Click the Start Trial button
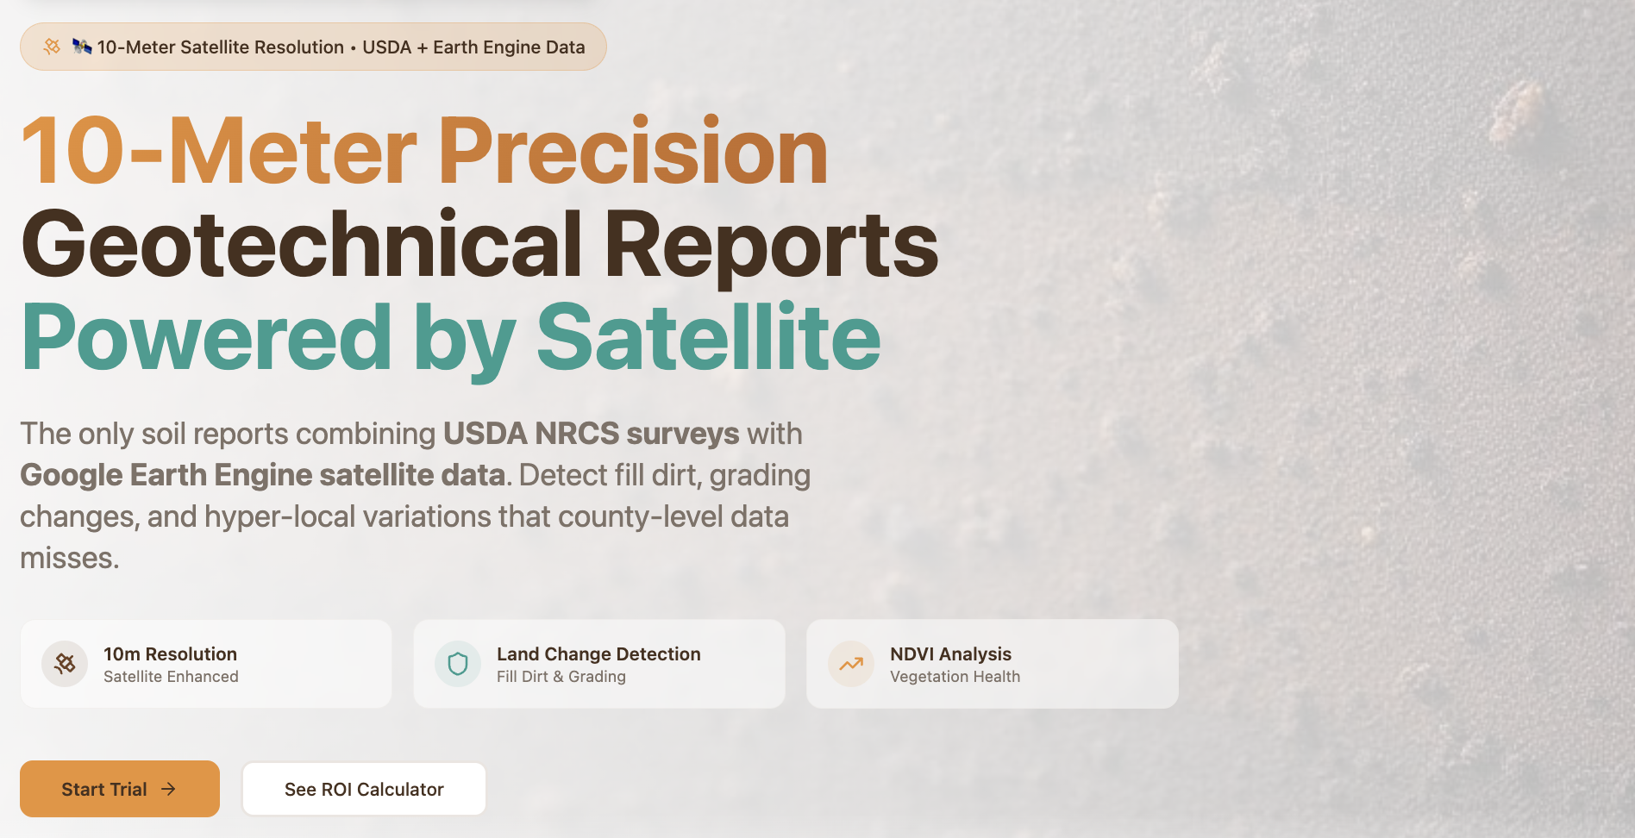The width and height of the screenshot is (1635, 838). click(120, 789)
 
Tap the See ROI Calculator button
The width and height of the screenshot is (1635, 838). click(364, 789)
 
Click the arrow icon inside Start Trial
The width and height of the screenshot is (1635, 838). click(168, 789)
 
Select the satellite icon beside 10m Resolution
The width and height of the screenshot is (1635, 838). click(65, 664)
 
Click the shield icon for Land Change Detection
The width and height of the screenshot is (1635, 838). click(458, 664)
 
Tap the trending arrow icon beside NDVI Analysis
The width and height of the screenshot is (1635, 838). click(851, 664)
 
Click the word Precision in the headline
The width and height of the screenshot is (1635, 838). click(633, 152)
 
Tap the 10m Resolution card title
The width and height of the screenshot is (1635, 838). click(170, 654)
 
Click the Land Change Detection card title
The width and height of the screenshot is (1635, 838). click(598, 654)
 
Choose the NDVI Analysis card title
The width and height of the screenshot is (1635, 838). click(950, 654)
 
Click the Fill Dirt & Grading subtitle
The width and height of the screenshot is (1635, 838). click(561, 677)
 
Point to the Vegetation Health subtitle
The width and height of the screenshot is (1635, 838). click(955, 677)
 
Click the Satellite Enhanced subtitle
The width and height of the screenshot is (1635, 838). click(171, 677)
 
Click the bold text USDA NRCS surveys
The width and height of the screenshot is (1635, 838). click(591, 434)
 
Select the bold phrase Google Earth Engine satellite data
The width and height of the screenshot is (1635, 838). click(262, 475)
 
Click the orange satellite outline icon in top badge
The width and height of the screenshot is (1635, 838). click(52, 47)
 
